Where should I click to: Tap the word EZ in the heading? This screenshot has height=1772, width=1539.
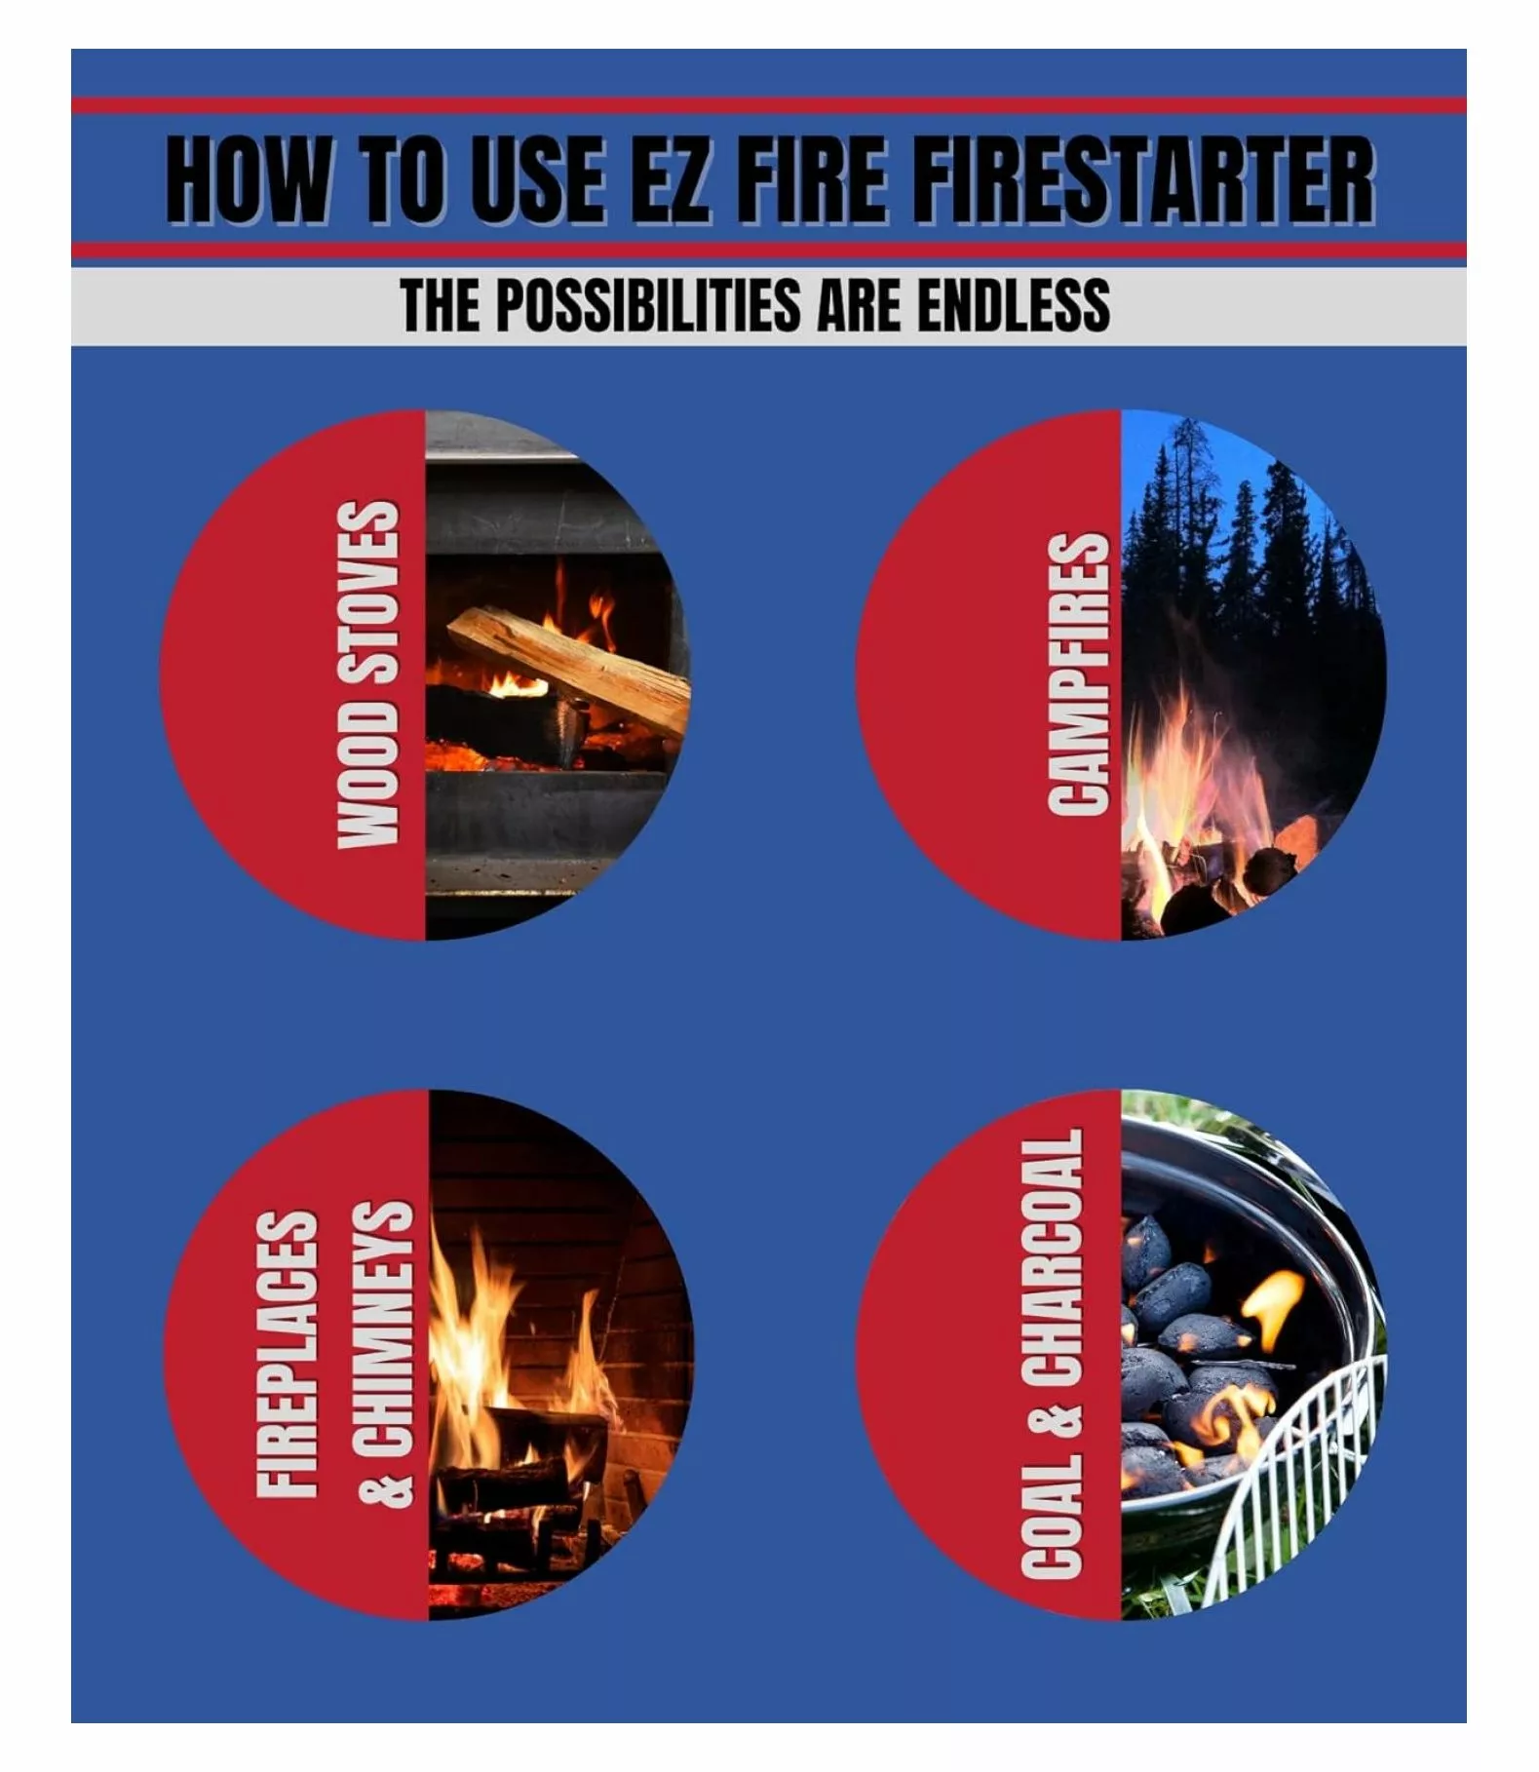coord(667,180)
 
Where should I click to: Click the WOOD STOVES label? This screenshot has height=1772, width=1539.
coord(368,674)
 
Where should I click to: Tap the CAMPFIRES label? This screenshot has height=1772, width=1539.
coord(1078,674)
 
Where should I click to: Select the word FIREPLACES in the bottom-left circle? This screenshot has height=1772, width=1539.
coord(287,1354)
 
